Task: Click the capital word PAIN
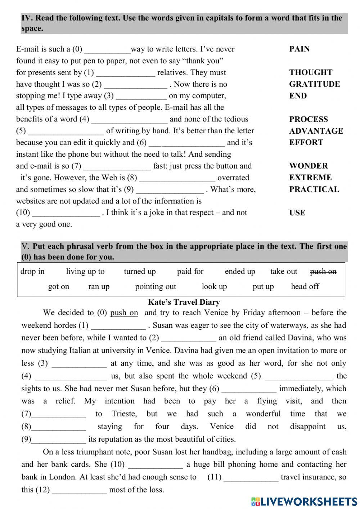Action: pyautogui.click(x=299, y=49)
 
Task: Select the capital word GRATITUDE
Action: pyautogui.click(x=314, y=84)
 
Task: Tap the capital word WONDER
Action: pyautogui.click(x=309, y=166)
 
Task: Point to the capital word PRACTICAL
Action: pyautogui.click(x=314, y=189)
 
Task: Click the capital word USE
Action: pyautogui.click(x=297, y=213)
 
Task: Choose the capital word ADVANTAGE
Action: pyautogui.click(x=316, y=131)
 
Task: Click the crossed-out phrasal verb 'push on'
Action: pyautogui.click(x=323, y=271)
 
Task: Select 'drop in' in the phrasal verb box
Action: pyautogui.click(x=32, y=271)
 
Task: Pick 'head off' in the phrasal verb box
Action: pyautogui.click(x=305, y=286)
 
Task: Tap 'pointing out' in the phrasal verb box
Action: pyautogui.click(x=156, y=286)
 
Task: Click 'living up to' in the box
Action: pyautogui.click(x=85, y=271)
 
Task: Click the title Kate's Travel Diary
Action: pyautogui.click(x=184, y=302)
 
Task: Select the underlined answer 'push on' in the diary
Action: pyautogui.click(x=124, y=313)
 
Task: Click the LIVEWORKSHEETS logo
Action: pyautogui.click(x=304, y=501)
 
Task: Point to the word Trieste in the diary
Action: pyautogui.click(x=124, y=414)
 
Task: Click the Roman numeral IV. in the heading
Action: pyautogui.click(x=27, y=18)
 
